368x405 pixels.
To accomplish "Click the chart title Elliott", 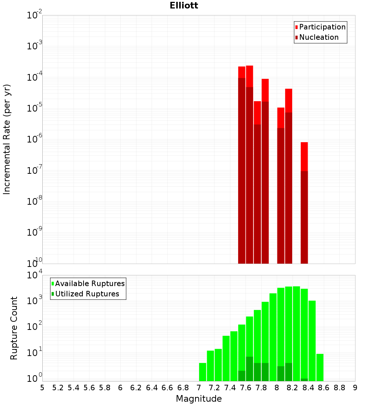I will coord(184,6).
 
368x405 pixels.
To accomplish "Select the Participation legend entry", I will coord(322,27).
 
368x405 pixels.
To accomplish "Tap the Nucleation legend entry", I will coord(318,37).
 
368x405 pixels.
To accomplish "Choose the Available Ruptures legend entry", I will coord(89,283).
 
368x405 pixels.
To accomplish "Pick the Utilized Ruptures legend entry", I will coord(87,294).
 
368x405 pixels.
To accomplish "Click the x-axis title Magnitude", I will coord(199,399).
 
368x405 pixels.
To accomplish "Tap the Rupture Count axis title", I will coord(14,328).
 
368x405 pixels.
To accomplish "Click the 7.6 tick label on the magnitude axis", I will coord(245,388).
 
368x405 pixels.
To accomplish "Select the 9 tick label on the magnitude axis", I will coord(355,388).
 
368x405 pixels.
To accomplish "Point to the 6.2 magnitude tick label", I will coord(136,388).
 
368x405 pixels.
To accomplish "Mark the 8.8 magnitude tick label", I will coord(339,388).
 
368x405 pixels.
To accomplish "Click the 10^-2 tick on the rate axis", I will coord(35,15).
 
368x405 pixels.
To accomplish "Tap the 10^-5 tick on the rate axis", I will coord(35,109).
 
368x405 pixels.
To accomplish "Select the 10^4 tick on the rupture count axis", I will coord(35,275).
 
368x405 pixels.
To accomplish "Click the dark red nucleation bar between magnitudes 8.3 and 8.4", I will coord(304,217).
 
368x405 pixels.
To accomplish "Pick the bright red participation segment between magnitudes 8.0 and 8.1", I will coord(281,117).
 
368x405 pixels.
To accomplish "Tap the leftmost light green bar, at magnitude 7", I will coord(202,372).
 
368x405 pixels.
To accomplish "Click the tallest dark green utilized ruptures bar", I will coord(250,369).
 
